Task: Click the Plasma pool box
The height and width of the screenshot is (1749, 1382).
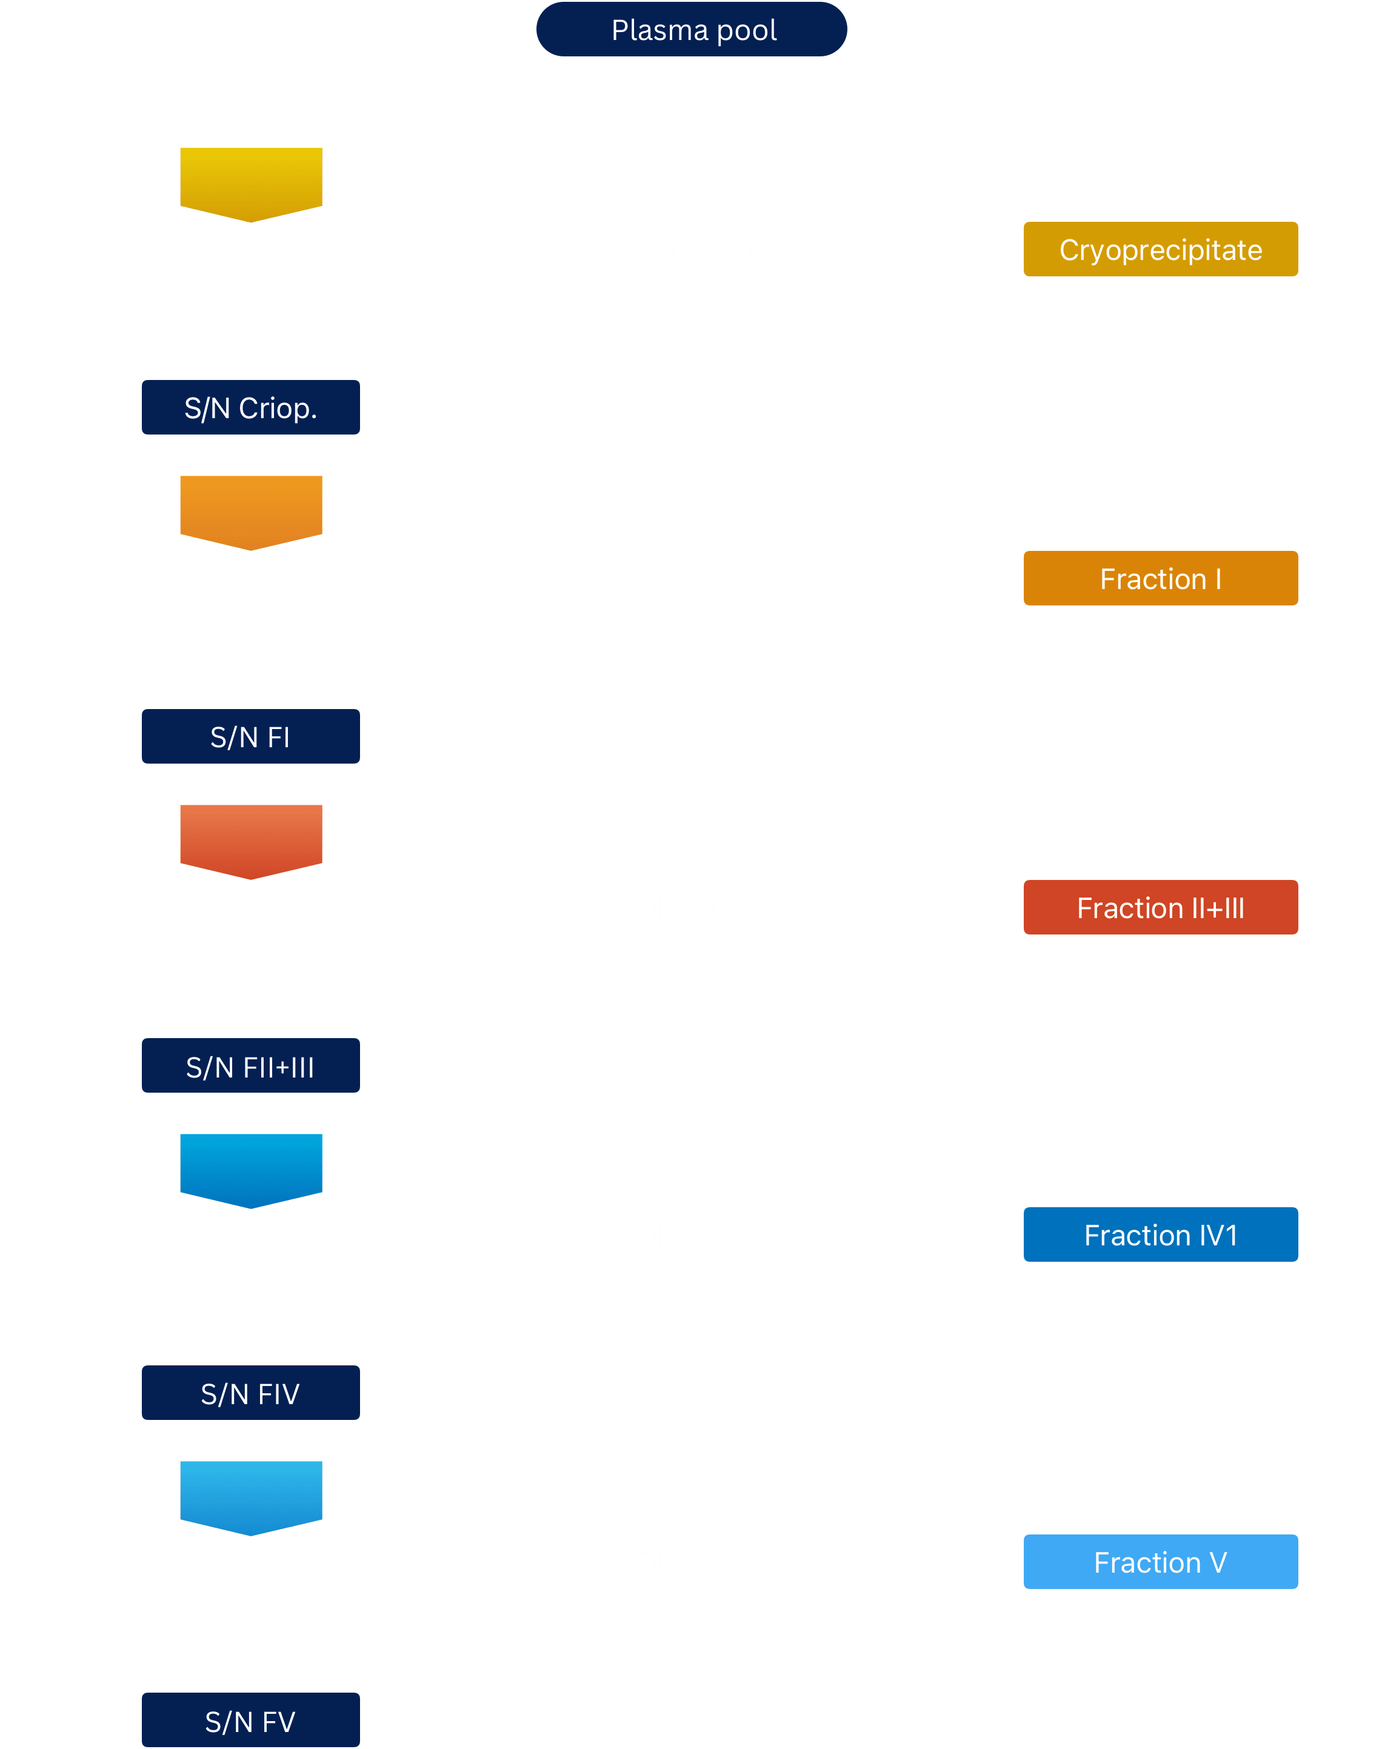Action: click(x=691, y=30)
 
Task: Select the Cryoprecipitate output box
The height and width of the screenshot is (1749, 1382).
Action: click(x=1160, y=249)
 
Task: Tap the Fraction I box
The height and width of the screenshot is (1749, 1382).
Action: click(x=1160, y=578)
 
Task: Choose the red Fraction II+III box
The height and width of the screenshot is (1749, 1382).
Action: click(x=1160, y=907)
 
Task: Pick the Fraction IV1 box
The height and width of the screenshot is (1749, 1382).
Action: click(x=1160, y=1234)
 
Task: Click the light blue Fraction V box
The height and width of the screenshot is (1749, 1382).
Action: click(x=1160, y=1561)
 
